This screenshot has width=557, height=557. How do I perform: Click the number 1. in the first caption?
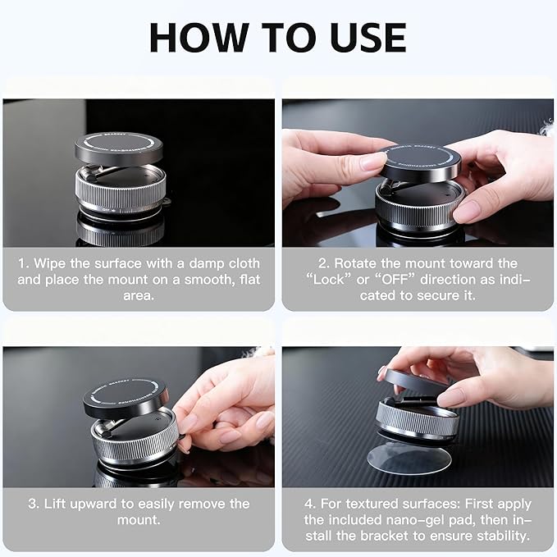tap(24, 263)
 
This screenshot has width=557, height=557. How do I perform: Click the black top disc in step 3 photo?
tap(125, 397)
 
